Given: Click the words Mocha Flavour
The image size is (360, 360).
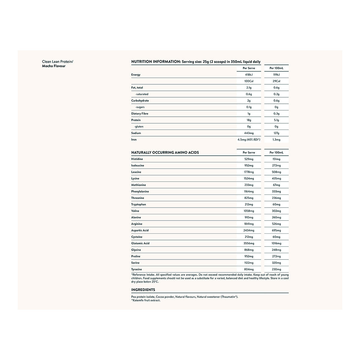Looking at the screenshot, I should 54,66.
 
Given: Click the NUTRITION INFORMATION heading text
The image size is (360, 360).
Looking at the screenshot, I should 155,62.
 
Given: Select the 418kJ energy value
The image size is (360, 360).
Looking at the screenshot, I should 249,75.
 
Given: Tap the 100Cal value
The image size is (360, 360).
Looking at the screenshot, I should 249,81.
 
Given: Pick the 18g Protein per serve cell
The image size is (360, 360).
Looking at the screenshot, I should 249,120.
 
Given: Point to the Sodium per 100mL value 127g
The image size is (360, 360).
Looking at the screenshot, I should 276,133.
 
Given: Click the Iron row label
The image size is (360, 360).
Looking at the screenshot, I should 134,139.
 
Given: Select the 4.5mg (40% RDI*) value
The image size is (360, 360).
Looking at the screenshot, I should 249,139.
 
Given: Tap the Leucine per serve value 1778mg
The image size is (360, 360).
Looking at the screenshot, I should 249,172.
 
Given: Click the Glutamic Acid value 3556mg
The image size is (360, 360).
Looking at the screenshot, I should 249,243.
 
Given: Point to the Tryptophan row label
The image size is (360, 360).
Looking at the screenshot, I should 139,205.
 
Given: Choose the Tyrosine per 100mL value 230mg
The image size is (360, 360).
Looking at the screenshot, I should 276,269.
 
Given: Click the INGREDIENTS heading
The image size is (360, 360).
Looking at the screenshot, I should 143,290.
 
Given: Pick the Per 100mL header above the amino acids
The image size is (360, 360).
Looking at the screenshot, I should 276,152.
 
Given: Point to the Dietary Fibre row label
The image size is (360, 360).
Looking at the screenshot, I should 139,114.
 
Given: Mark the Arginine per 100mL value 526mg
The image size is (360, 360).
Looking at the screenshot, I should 276,224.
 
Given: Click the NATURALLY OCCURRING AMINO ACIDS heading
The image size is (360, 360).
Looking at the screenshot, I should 165,152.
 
